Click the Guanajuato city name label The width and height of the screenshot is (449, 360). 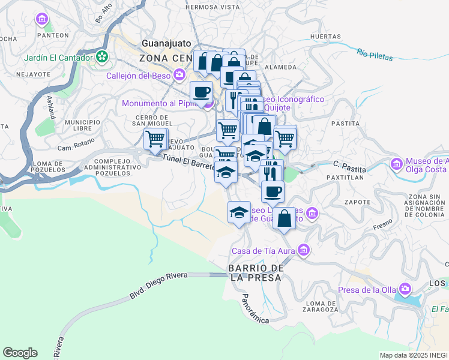pyautogui.click(x=165, y=44)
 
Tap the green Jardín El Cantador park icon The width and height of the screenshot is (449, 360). pyautogui.click(x=103, y=58)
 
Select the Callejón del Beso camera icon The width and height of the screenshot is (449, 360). pyautogui.click(x=179, y=75)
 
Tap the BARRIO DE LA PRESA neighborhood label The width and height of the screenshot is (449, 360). pyautogui.click(x=255, y=272)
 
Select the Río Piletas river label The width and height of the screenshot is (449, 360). pyautogui.click(x=374, y=55)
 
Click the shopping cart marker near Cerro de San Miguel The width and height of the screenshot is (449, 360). pyautogui.click(x=155, y=139)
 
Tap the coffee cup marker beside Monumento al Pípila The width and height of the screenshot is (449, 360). pyautogui.click(x=201, y=92)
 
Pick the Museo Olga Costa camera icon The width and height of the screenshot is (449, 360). pyautogui.click(x=396, y=164)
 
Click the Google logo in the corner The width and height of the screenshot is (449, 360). pyautogui.click(x=20, y=352)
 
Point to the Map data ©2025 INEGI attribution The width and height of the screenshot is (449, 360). pyautogui.click(x=413, y=355)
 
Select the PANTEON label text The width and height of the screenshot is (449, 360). pyautogui.click(x=52, y=35)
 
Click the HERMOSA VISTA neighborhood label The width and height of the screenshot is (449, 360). pyautogui.click(x=212, y=7)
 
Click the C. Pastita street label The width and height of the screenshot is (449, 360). pyautogui.click(x=345, y=163)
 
